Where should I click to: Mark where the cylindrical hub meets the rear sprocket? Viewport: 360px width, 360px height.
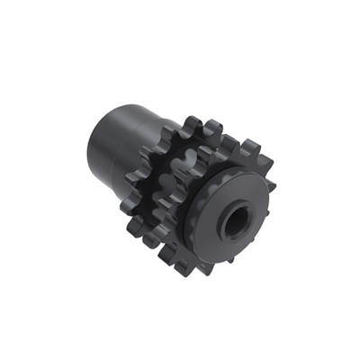tap(148, 135)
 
